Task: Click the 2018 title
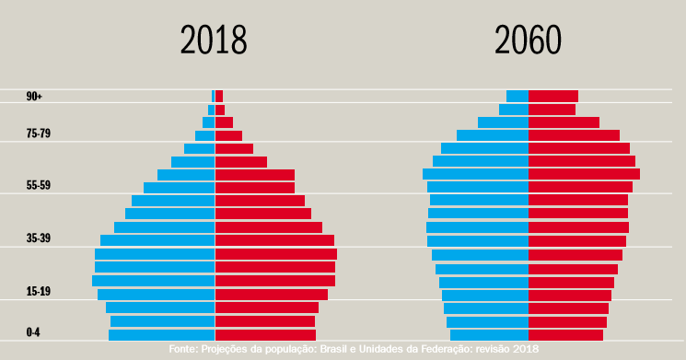point(214,41)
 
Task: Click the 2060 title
point(528,41)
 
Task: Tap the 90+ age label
point(35,97)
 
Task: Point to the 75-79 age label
point(39,134)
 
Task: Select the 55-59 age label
point(39,186)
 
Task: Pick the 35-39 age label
point(39,239)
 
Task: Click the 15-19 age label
point(39,292)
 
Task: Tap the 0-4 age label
point(33,332)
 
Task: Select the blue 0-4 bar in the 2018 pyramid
point(162,335)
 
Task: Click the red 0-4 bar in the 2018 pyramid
point(265,335)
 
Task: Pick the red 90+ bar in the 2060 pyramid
point(552,96)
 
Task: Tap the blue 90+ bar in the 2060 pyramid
point(517,96)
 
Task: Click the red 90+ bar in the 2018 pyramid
point(219,96)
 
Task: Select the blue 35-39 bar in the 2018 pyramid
point(157,240)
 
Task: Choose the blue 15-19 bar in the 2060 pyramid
point(485,296)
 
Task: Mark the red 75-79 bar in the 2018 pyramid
point(228,135)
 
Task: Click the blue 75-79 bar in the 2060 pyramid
point(493,135)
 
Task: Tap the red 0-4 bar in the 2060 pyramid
point(565,335)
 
